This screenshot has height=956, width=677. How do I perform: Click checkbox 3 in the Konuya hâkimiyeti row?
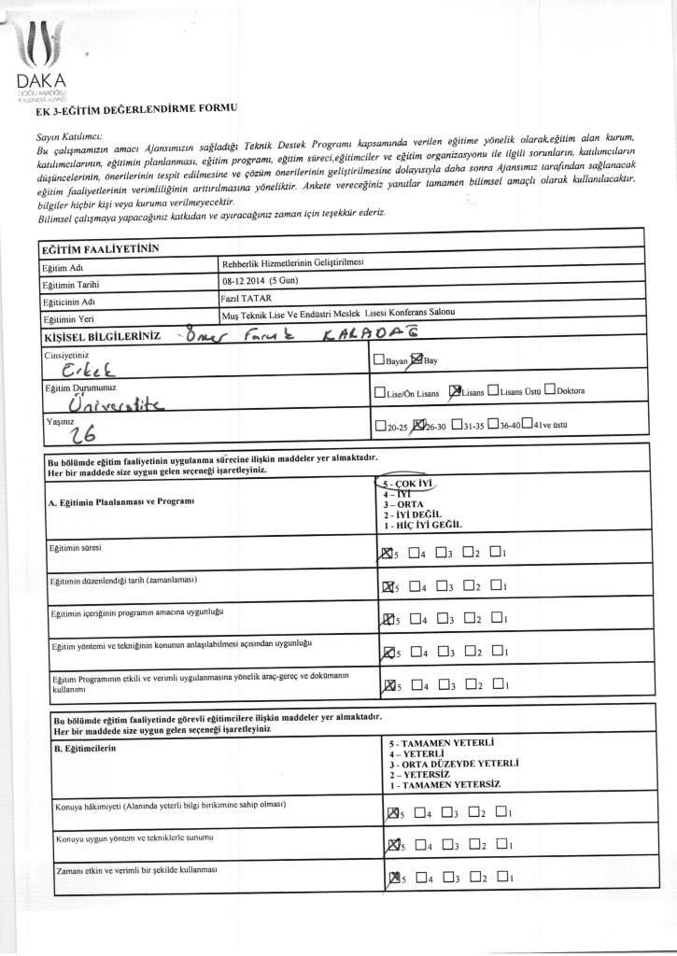(450, 812)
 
